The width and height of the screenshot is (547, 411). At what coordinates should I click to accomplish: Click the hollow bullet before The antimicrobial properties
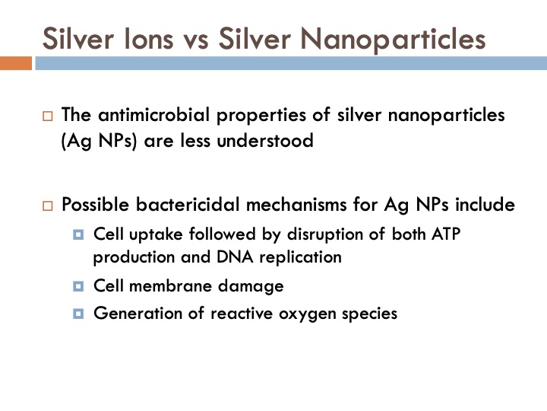[x=48, y=118]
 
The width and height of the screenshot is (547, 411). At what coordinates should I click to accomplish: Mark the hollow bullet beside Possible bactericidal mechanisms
[x=48, y=206]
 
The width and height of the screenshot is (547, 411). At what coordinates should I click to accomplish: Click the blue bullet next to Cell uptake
[x=78, y=234]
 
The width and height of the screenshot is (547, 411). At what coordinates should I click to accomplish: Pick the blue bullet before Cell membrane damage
[x=78, y=287]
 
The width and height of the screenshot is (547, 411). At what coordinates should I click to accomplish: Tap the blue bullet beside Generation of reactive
[x=78, y=313]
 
